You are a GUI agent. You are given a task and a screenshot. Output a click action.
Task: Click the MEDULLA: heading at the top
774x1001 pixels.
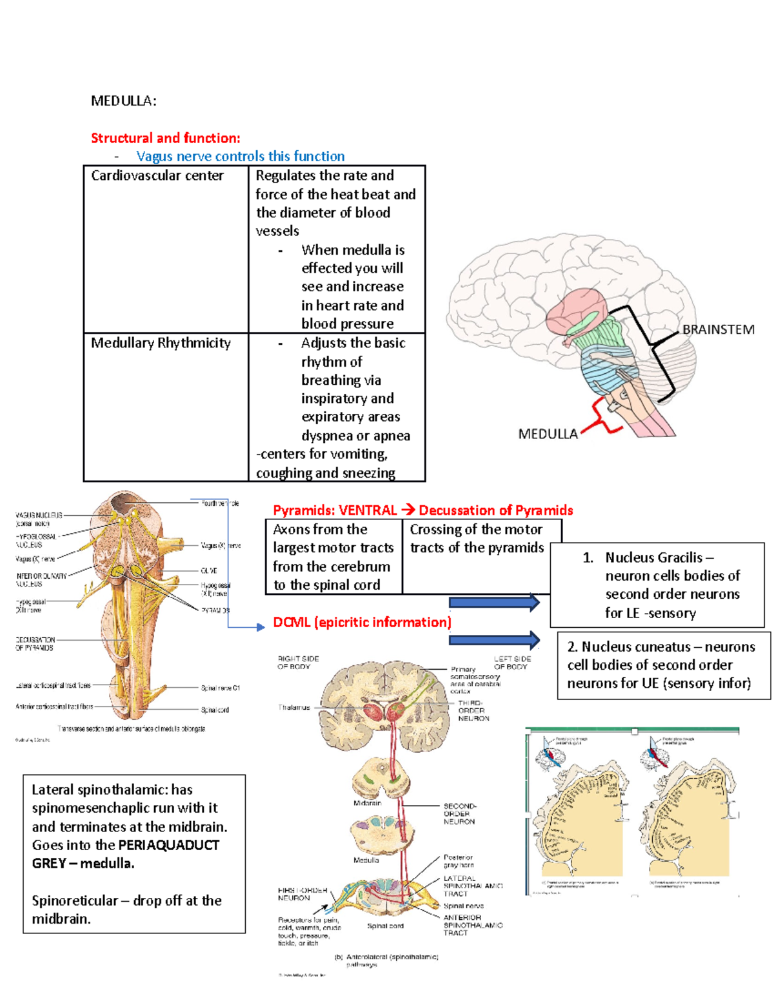pos(123,101)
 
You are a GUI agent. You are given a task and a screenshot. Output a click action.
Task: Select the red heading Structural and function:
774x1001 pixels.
pos(165,138)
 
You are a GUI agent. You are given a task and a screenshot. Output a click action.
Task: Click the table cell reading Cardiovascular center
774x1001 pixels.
pos(157,176)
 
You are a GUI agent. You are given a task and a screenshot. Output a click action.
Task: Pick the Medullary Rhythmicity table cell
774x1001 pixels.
pos(161,343)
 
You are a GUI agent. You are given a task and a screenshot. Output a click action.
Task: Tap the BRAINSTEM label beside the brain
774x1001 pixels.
pos(718,329)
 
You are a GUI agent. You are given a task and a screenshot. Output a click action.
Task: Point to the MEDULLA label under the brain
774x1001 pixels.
pos(548,434)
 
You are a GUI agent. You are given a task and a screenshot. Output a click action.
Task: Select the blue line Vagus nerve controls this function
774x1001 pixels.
pos(240,156)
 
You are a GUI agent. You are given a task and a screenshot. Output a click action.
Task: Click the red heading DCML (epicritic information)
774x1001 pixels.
pos(362,622)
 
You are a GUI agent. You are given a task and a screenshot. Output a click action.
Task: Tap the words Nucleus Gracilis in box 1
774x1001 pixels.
pos(653,558)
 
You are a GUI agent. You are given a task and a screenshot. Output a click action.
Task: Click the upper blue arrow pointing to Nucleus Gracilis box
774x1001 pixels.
pos(494,603)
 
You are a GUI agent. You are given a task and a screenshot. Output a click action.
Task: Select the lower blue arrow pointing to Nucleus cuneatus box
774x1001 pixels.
pos(494,640)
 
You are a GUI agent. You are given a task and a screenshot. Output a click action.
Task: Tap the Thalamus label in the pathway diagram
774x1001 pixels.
pos(293,708)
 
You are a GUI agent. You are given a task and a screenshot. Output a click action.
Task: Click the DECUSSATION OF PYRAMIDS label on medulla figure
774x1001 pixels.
pos(35,644)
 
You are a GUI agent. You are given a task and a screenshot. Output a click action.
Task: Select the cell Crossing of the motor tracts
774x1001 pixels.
pos(476,538)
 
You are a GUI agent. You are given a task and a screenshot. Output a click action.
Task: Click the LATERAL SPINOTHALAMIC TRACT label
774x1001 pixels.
pos(472,886)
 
